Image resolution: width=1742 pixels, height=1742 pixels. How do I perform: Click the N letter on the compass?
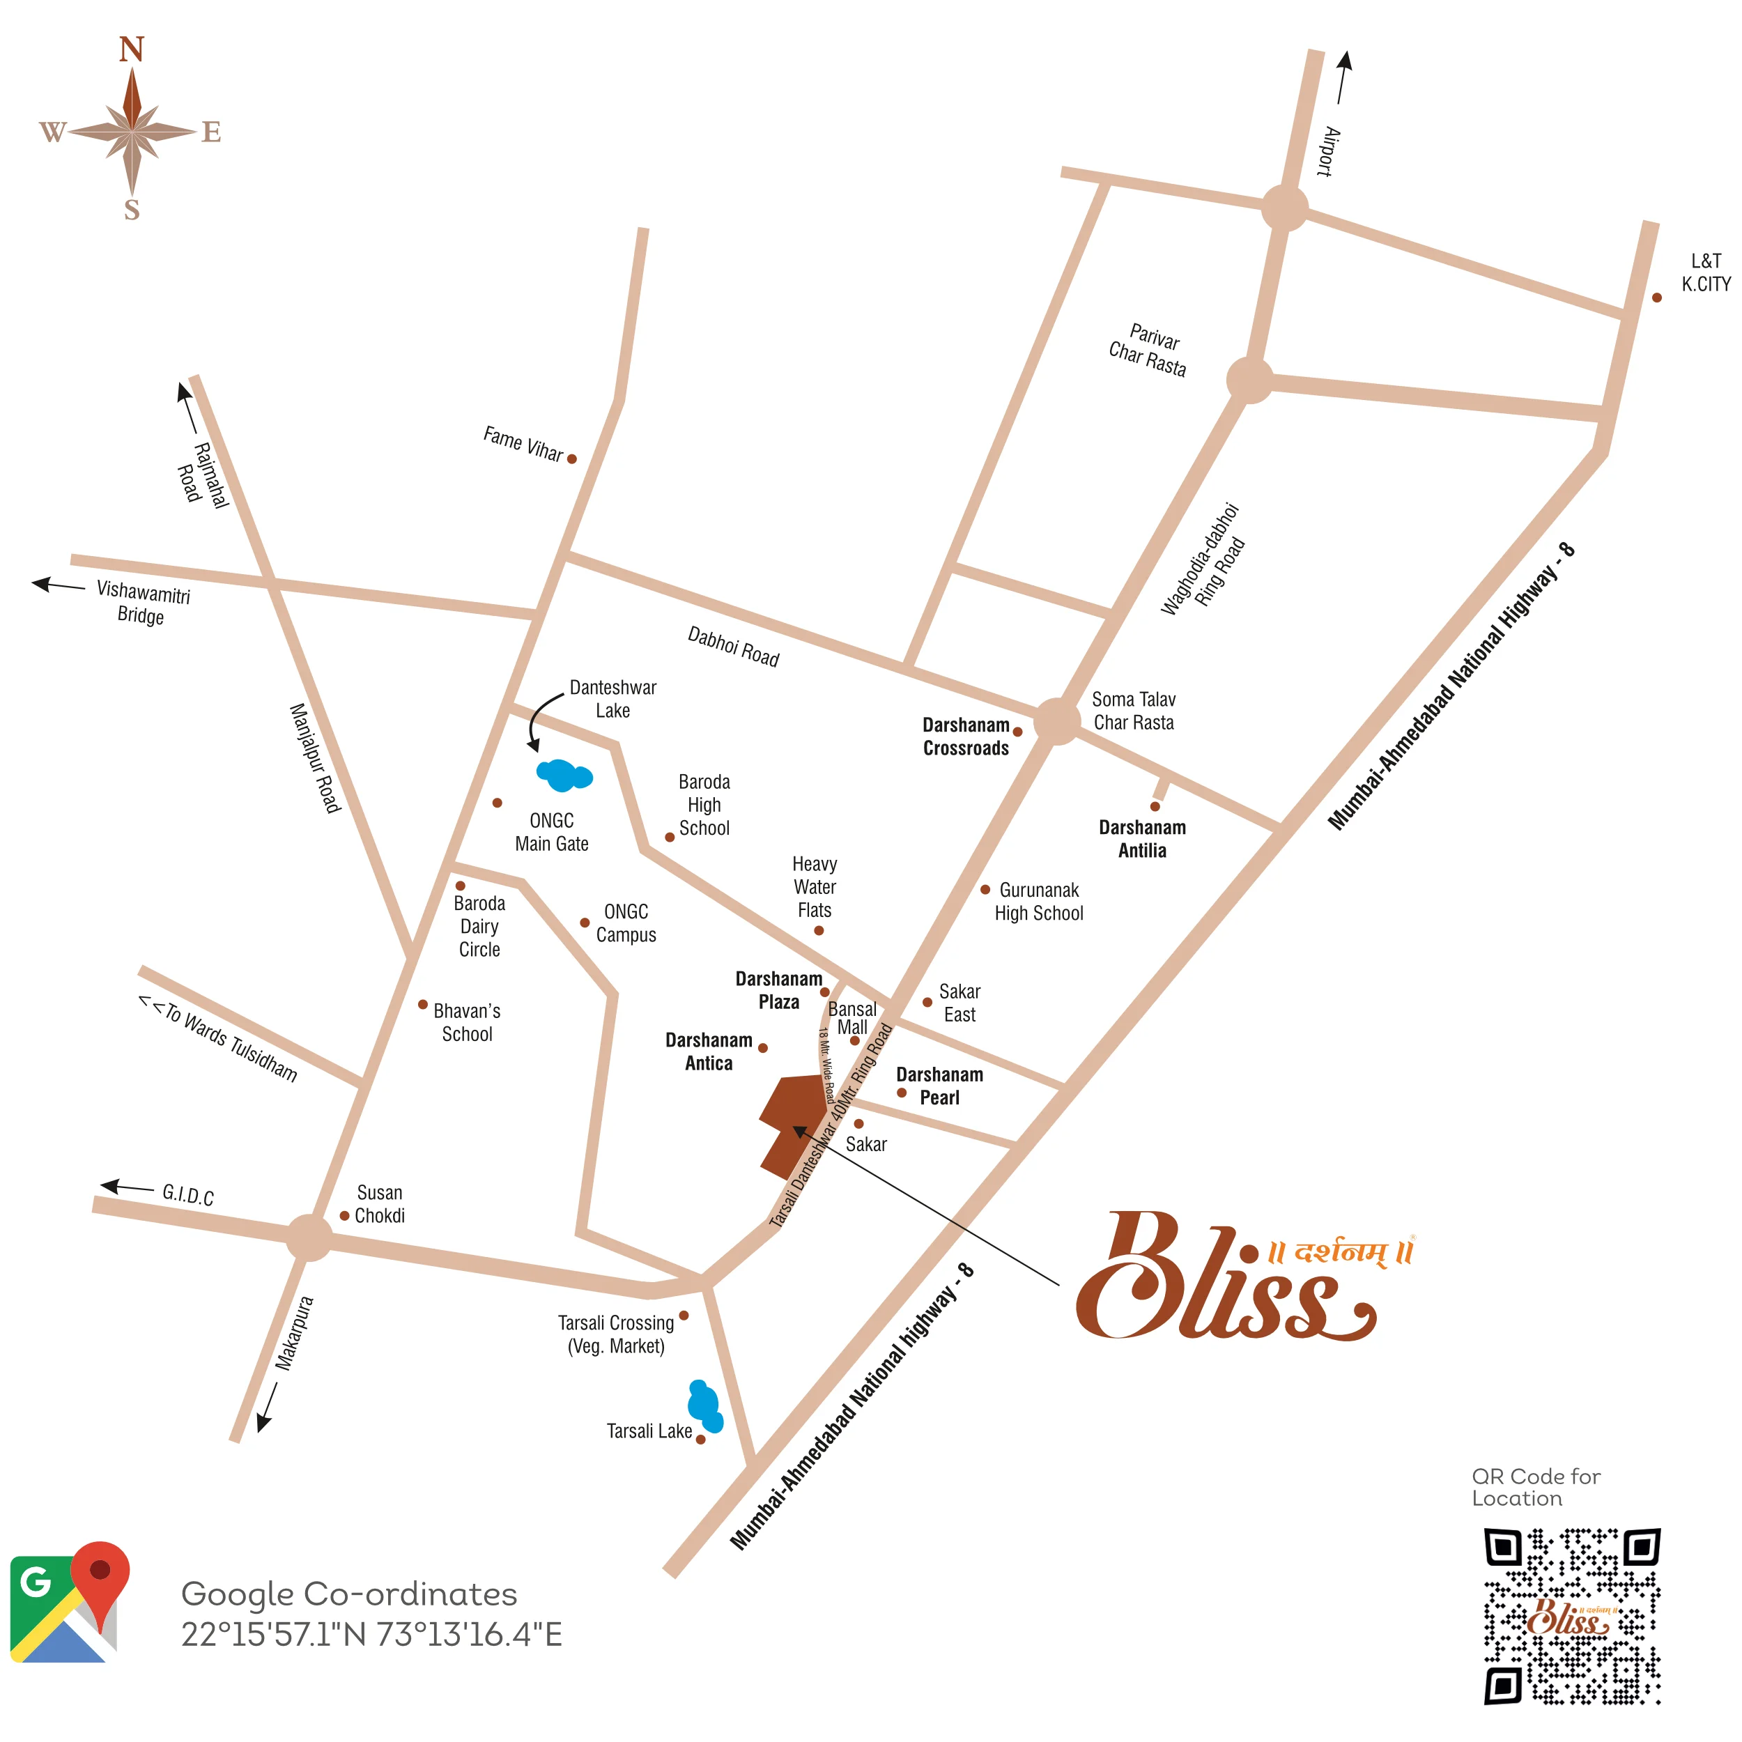pyautogui.click(x=132, y=49)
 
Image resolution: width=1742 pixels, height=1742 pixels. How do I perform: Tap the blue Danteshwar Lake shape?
pyautogui.click(x=564, y=775)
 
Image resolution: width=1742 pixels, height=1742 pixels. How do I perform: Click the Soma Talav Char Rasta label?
pyautogui.click(x=1134, y=711)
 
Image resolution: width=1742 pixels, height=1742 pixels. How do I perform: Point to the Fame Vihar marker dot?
pyautogui.click(x=571, y=459)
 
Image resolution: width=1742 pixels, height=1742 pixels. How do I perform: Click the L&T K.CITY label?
pyautogui.click(x=1705, y=272)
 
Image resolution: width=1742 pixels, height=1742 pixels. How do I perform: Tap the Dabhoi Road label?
pyautogui.click(x=733, y=647)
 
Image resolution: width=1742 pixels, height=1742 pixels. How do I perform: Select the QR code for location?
pyautogui.click(x=1571, y=1616)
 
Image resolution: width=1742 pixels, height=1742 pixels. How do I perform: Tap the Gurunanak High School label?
pyautogui.click(x=1039, y=902)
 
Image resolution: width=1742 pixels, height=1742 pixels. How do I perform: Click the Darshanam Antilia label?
pyautogui.click(x=1142, y=838)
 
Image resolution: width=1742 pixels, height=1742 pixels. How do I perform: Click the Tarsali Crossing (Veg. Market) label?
pyautogui.click(x=616, y=1334)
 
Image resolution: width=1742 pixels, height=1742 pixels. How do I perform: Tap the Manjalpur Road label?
pyautogui.click(x=315, y=757)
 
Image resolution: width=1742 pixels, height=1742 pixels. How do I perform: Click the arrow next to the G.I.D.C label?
pyautogui.click(x=126, y=1187)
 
